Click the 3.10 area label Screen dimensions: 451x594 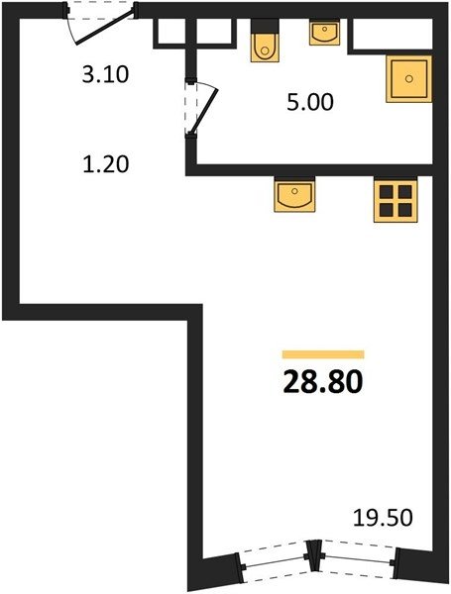pos(105,74)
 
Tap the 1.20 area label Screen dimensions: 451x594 pos(106,165)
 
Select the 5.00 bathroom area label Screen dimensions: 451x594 pos(310,102)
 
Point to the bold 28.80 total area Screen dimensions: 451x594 pos(323,381)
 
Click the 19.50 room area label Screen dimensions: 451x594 pos(383,518)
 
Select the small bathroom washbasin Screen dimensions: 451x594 pos(324,33)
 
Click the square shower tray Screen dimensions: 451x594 pos(409,79)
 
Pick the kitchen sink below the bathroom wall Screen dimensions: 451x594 pos(294,194)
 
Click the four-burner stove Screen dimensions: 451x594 pos(395,200)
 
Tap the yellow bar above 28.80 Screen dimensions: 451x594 pos(323,354)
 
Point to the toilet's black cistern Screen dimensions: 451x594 pos(265,26)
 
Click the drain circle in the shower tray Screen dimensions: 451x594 pos(408,79)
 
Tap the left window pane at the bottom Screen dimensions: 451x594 pos(275,561)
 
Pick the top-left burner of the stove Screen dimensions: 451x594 pos(387,192)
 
